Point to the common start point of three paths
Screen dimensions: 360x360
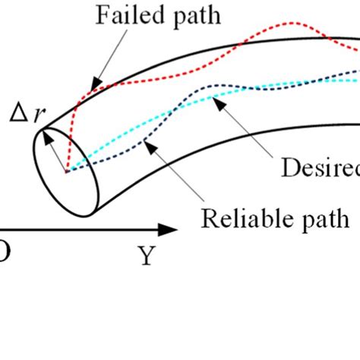click(67, 171)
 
